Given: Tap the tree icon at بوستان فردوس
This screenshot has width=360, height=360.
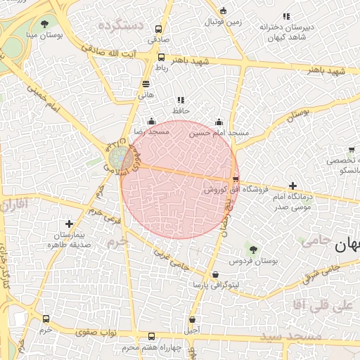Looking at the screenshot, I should click(x=253, y=249).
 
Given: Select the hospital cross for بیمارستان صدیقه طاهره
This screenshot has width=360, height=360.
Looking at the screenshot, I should click(x=69, y=224).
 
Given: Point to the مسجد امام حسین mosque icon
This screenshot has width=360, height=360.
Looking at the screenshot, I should click(x=219, y=122).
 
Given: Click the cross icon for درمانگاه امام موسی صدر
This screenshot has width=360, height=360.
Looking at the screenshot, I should click(x=293, y=186).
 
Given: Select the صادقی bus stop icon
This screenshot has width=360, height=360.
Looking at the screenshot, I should click(x=158, y=30).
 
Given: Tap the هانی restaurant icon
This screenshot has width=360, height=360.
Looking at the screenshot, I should click(x=146, y=83).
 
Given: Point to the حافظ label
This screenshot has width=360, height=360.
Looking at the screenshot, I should click(x=181, y=111).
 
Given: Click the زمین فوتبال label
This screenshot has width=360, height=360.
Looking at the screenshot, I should click(x=224, y=22).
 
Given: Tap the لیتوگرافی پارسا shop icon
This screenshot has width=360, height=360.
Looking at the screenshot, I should click(x=214, y=275).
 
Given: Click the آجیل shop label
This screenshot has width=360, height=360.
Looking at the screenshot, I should click(x=191, y=329).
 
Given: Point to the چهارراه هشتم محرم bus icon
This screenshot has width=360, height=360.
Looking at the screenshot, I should click(x=153, y=337).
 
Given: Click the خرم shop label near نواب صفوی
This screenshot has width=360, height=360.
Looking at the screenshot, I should click(x=46, y=329).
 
